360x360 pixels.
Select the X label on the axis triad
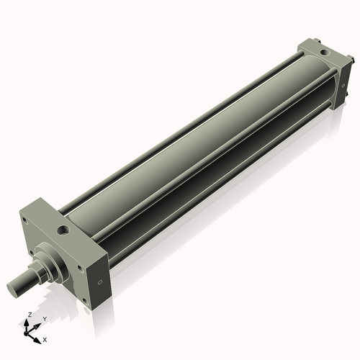click(x=45, y=338)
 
